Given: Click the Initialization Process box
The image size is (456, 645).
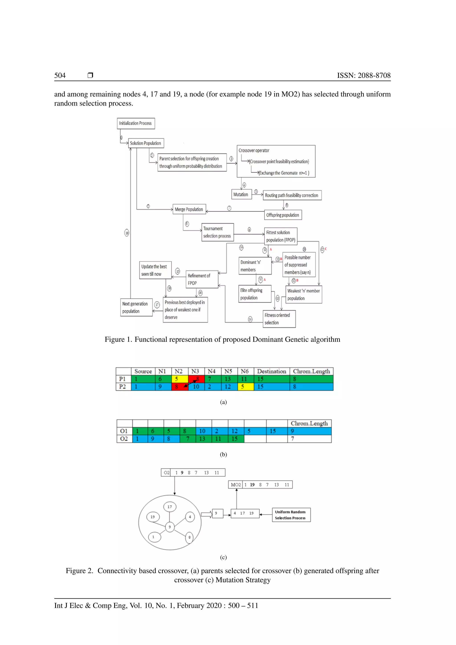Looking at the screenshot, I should tap(136, 123).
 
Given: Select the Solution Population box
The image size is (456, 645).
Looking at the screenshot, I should tap(146, 143).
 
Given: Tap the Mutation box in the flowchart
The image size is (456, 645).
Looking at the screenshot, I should tap(241, 194).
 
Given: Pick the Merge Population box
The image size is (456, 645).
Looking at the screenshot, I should tap(189, 209).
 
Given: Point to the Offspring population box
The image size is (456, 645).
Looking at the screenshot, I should tap(283, 215).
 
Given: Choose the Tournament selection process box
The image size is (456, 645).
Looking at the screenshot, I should tap(217, 232).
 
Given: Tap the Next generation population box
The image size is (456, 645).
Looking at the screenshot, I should tap(136, 307).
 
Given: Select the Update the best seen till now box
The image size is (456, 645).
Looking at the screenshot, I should tap(155, 270).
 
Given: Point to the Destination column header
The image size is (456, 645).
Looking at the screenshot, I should tap(271, 371).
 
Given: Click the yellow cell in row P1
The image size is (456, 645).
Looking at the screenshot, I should tap(180, 379).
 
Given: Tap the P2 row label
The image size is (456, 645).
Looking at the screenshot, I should tap(123, 387).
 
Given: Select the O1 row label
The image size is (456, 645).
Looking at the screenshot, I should tap(124, 431).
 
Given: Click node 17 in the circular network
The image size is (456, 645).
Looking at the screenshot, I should tap(170, 507).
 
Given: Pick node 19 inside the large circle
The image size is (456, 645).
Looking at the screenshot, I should tap(153, 517).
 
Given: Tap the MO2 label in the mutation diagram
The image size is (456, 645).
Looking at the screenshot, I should tap(236, 485).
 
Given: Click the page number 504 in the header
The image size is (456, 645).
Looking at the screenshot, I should tap(60, 75).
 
